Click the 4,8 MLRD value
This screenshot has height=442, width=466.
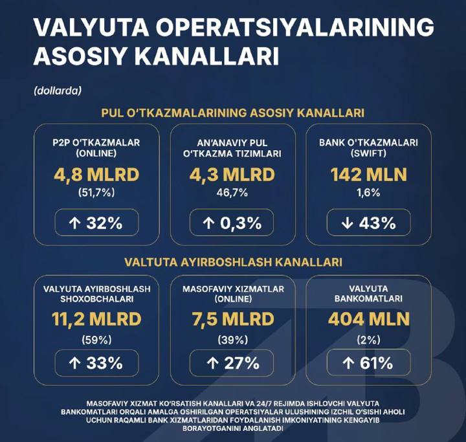pos(96,175)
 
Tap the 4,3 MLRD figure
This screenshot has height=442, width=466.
pos(232,175)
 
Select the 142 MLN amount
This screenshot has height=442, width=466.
pos(368,175)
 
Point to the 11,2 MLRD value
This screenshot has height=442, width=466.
pos(96,319)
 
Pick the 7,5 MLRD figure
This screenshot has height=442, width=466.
pos(233,319)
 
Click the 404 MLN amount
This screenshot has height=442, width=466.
pos(369,319)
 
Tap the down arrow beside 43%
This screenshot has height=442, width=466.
pos(347,223)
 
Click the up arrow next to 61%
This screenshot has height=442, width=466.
pos(348,363)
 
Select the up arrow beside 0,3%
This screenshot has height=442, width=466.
pos(208,223)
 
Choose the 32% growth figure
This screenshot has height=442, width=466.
pos(104,223)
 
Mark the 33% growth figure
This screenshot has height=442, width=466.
pos(104,363)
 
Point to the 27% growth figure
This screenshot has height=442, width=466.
pos(241,363)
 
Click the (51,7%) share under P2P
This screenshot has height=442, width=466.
pos(96,193)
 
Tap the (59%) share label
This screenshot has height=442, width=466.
pos(96,340)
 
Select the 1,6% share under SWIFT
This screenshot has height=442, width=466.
pos(368,193)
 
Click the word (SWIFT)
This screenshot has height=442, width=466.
pos(368,153)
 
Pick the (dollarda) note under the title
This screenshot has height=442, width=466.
pos(58,91)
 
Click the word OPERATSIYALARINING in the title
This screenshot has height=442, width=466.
pos(294,27)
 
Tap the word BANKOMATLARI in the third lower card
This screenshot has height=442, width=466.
pos(368,298)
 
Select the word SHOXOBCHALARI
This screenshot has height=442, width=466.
pos(97,299)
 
